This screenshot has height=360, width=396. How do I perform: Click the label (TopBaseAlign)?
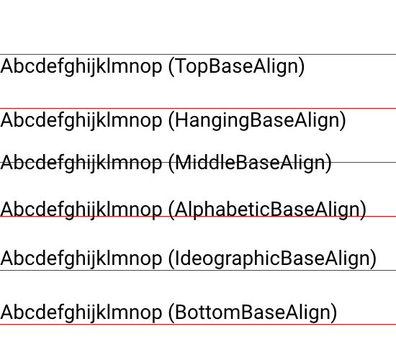coord(237,66)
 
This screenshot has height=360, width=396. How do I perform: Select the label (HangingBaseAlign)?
coord(257,120)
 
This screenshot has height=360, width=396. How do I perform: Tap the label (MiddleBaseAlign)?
coord(250,163)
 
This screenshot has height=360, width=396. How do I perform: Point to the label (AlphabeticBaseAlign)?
coord(267,210)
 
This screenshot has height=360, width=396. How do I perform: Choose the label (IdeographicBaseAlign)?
coord(272,258)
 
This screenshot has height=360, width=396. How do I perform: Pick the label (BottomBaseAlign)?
coord(253,312)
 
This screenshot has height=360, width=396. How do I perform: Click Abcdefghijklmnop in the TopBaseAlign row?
coord(81,66)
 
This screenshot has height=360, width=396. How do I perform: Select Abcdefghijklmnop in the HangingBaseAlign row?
coord(81,120)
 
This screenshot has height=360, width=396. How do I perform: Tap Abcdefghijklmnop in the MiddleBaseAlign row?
coord(81,163)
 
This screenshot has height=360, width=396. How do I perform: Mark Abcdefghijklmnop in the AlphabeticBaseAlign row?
coord(81,210)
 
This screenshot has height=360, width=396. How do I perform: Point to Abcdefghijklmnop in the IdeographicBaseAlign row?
coord(81,258)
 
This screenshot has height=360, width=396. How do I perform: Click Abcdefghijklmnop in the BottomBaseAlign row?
coord(81,312)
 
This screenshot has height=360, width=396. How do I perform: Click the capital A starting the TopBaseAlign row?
coord(7,66)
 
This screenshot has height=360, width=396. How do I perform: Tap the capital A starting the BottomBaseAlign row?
coord(7,312)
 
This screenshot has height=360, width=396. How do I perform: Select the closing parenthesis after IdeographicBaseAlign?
coord(374,258)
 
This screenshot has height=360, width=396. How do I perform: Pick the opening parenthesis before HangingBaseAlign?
coord(171,120)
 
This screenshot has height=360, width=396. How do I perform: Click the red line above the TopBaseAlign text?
coord(198,54)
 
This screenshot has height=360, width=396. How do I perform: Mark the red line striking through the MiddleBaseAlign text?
coord(198,162)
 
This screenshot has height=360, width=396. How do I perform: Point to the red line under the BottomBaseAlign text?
coord(198,325)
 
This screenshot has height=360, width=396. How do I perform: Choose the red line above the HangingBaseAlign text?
coord(198,108)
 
